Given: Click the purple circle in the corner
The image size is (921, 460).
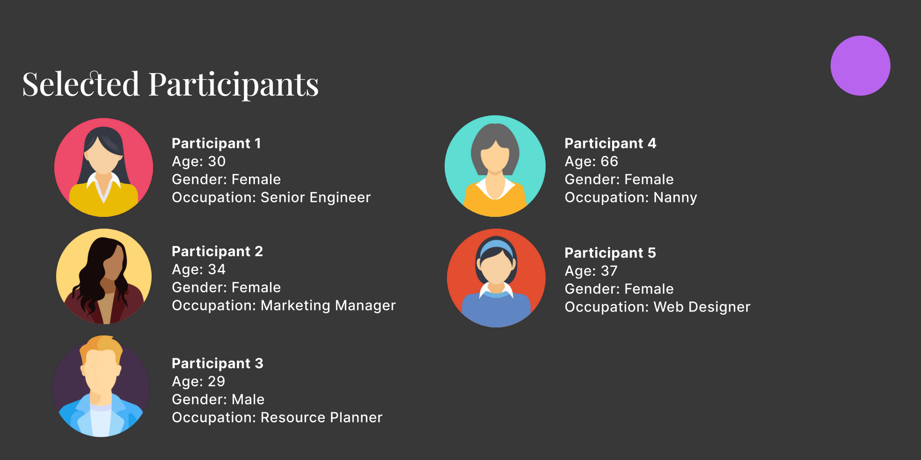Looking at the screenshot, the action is pos(860,65).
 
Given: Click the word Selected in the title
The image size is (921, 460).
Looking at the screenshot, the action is pos(81,85).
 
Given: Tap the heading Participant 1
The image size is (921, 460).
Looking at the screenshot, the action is pos(216,143).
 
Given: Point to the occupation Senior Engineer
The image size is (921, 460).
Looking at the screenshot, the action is pos(316,197).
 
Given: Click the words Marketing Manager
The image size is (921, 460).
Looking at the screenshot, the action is pos(328,305).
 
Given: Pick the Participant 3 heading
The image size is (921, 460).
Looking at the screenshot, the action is pos(217,363).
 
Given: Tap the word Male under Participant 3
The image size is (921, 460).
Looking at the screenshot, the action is pos(248,399).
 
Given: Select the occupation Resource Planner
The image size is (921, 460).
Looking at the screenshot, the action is pos(321,417).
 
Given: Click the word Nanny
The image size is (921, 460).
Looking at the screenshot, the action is pos(675,198).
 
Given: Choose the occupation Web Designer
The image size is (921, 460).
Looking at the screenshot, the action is pos(702,307).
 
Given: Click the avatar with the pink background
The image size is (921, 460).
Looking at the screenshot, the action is pos(104,168).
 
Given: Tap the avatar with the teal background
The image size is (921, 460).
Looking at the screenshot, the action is pos(495,166).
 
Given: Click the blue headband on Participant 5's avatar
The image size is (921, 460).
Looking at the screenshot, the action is pos(496,245).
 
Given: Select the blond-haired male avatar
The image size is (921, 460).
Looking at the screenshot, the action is pos(101,386).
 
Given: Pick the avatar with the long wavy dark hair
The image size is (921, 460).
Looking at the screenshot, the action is pos(104,277).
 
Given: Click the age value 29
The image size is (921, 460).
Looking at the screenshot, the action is pos(216,381).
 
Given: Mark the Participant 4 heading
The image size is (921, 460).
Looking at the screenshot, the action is pos(610,143).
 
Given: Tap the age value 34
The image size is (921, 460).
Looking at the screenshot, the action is pos(217,269).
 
